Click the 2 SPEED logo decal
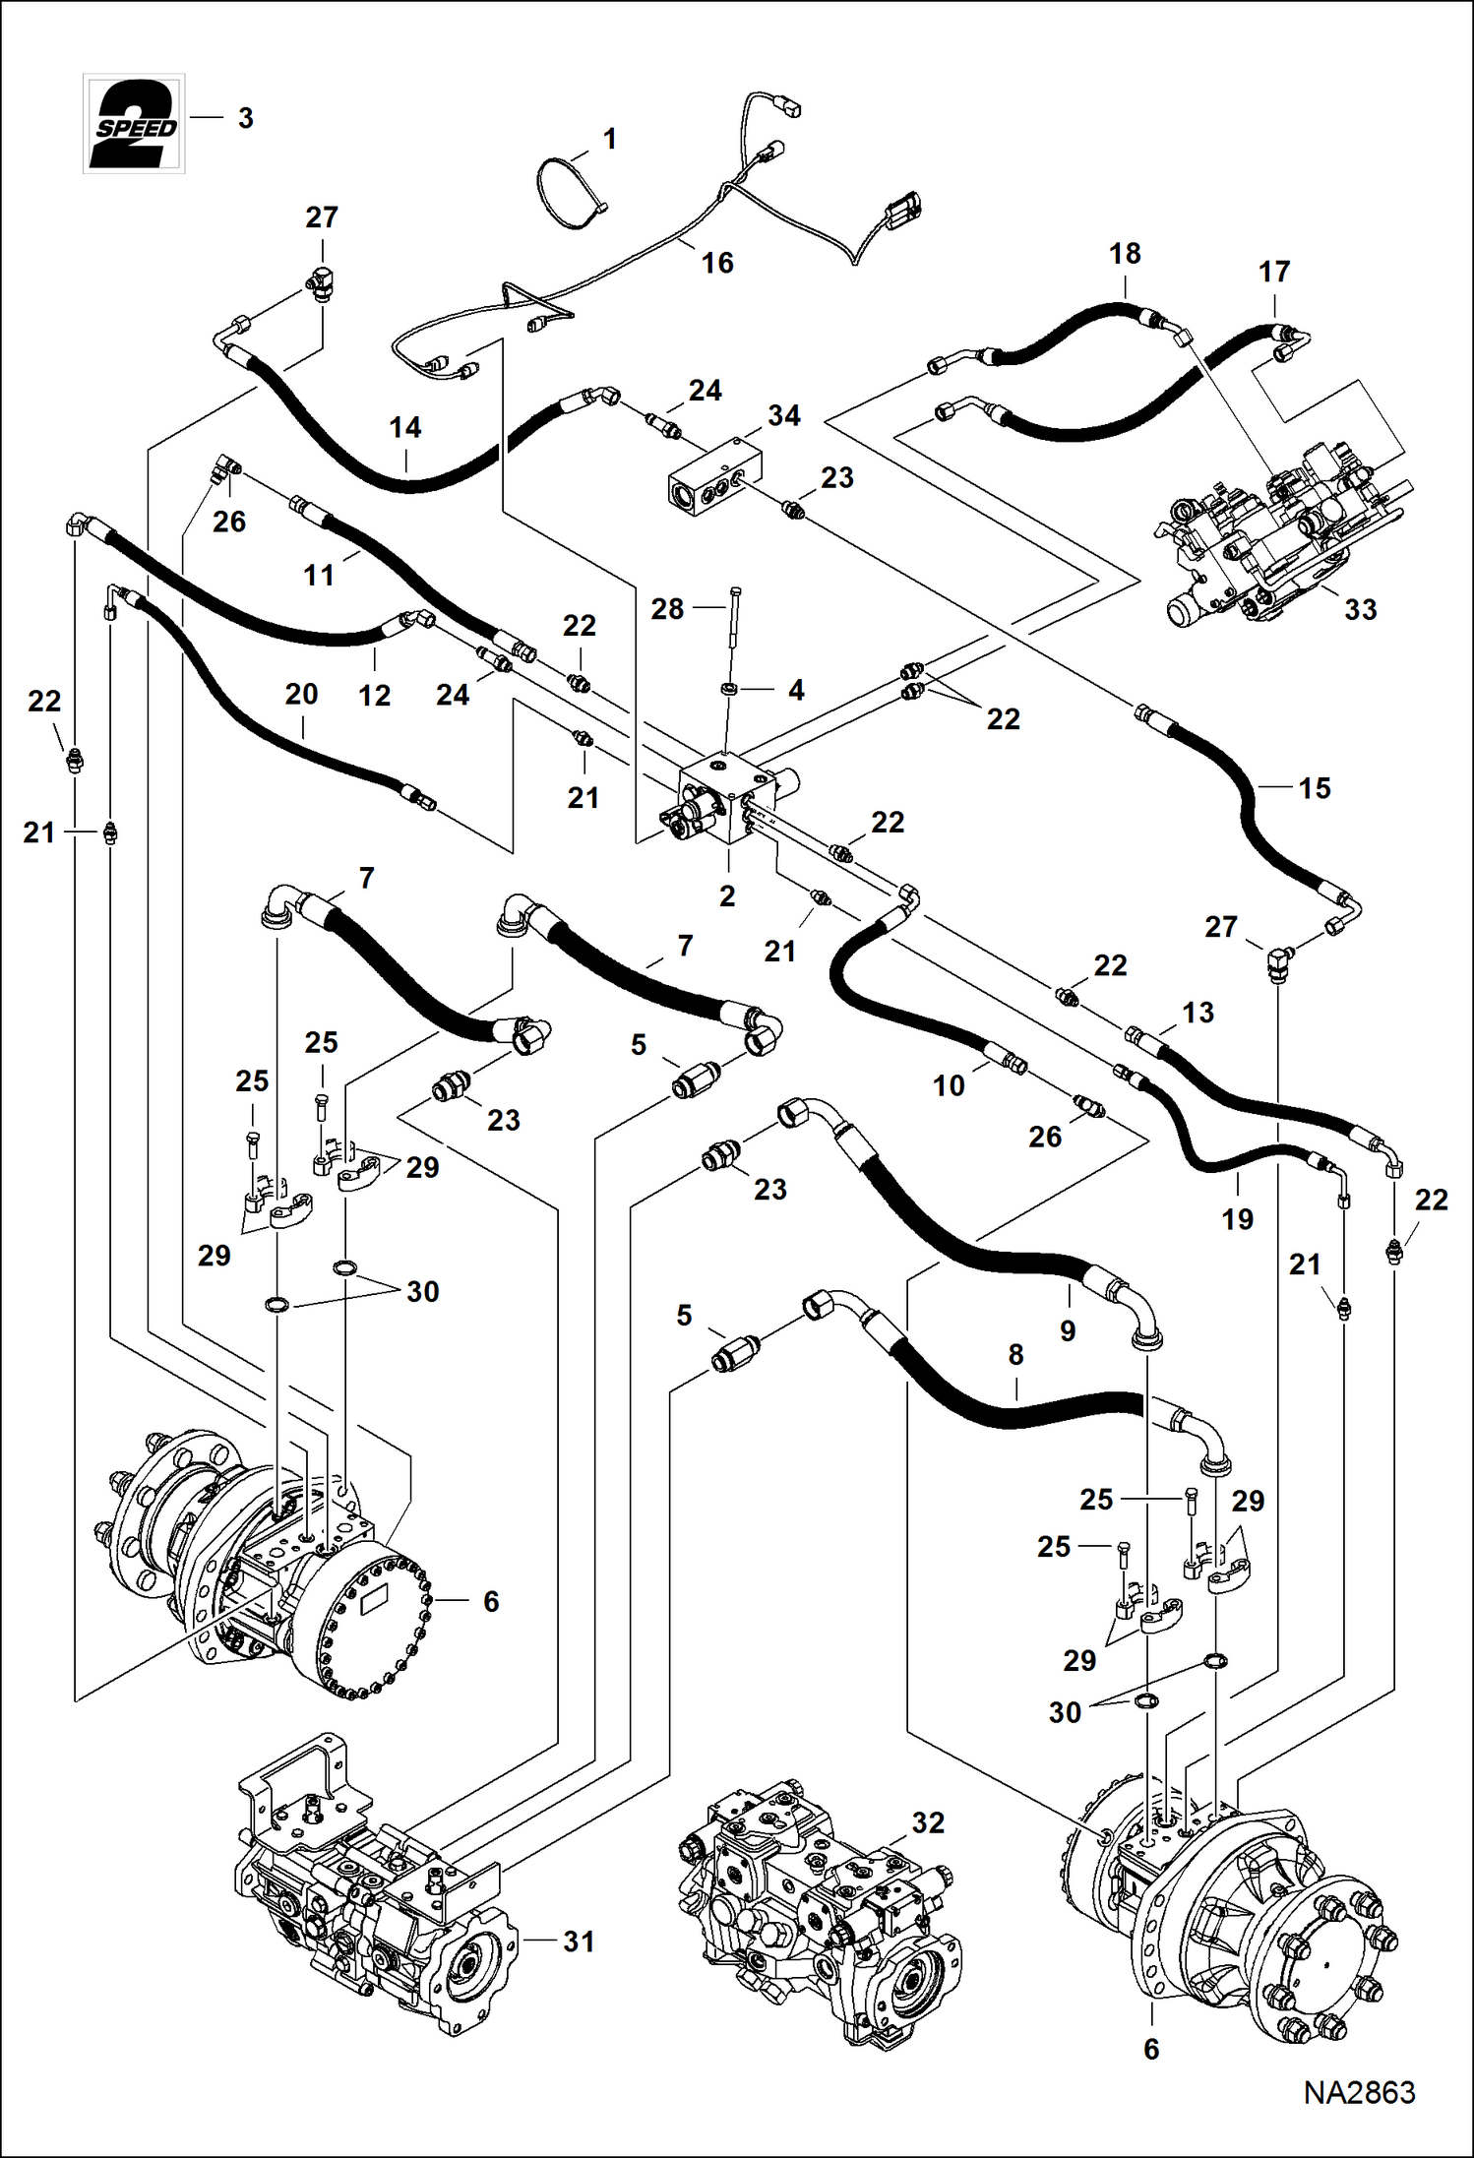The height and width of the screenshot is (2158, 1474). click(x=134, y=124)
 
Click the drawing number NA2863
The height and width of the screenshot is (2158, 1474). click(x=1359, y=2091)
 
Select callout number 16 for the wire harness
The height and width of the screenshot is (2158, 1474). click(x=717, y=263)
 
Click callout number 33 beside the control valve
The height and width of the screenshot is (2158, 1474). click(x=1360, y=609)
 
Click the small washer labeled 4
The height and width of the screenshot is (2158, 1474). click(x=729, y=687)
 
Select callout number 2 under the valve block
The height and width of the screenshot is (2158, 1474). click(x=727, y=895)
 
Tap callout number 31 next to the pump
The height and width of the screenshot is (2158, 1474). click(x=579, y=1941)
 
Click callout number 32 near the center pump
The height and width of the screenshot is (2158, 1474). click(x=927, y=1822)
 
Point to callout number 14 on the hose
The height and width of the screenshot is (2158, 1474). click(x=405, y=427)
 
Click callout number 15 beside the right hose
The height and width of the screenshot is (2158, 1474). click(x=1314, y=787)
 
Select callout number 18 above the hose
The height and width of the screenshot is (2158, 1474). click(x=1125, y=253)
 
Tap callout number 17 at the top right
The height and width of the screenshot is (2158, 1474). click(x=1274, y=272)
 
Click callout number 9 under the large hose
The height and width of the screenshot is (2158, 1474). click(x=1068, y=1330)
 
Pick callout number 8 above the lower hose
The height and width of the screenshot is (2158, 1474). click(x=1016, y=1355)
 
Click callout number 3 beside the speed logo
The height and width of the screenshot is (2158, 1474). click(x=246, y=118)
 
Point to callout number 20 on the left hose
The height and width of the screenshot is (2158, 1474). click(x=301, y=694)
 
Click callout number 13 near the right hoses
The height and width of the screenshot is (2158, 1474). click(x=1198, y=1012)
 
